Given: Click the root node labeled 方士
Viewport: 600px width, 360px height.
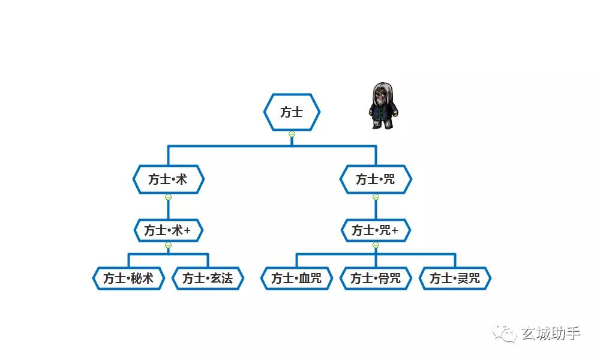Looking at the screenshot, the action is coord(292,112).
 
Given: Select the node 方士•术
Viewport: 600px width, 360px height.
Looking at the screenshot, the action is coord(169,179).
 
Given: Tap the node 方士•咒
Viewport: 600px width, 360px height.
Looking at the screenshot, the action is coord(376,179).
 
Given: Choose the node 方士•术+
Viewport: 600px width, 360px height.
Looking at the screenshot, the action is coord(169,230).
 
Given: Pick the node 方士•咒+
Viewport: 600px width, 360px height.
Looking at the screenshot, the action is coord(376,230).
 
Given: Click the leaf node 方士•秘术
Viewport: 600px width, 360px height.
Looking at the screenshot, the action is coord(128,278).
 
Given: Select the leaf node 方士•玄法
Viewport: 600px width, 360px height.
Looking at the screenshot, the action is coord(208,278).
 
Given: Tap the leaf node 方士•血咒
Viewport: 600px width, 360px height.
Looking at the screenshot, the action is coord(296,278).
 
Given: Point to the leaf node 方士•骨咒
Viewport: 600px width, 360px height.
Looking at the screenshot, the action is coord(376,278).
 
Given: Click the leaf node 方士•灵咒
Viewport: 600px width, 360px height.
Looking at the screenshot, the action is coord(455,278).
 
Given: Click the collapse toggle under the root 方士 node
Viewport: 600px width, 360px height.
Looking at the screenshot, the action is coord(292,134).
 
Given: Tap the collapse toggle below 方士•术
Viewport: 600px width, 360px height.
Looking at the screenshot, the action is coord(169,197).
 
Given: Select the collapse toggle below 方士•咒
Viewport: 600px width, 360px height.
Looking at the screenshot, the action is coord(376,197).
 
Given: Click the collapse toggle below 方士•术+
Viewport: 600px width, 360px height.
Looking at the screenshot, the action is coord(169,245).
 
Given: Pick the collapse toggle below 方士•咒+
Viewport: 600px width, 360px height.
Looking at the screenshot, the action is coord(376,245).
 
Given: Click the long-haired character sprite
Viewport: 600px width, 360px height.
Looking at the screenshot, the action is coord(383,106).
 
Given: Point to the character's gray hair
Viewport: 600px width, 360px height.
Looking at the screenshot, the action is coord(383,92).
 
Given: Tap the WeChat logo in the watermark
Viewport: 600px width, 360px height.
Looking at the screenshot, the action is coord(505,333).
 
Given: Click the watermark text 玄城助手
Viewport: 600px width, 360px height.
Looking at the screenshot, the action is coord(551,334).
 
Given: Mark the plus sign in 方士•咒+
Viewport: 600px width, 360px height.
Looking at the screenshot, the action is coord(395,230).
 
